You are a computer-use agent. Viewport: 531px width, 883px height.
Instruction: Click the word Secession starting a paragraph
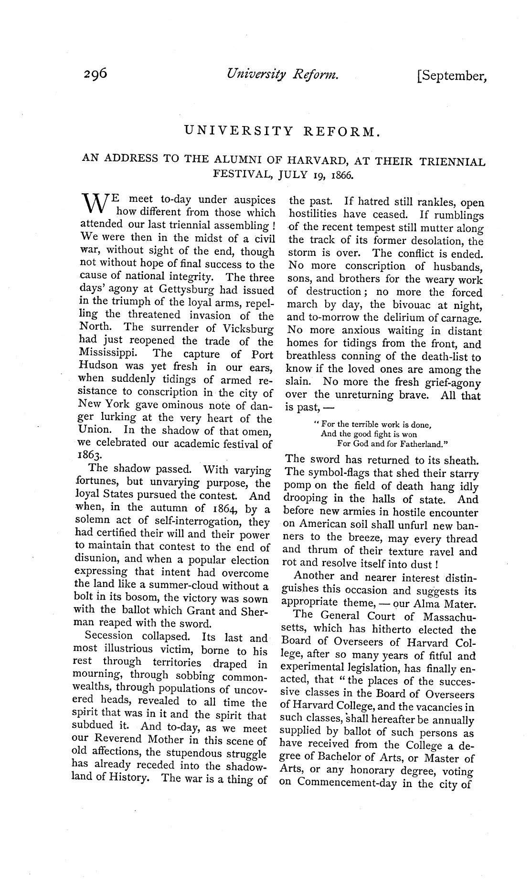click(108, 636)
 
